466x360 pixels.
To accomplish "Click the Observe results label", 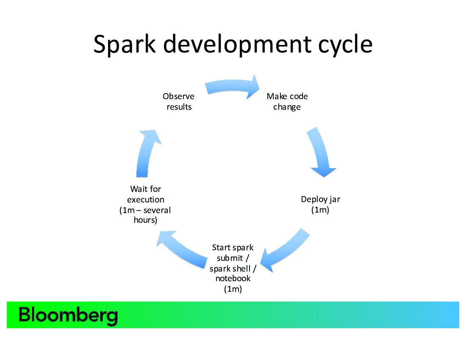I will pos(179,102).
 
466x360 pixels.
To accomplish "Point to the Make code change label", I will pos(287,102).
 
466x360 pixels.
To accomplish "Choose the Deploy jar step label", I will pos(320,199).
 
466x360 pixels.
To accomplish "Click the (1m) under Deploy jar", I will pos(320,210).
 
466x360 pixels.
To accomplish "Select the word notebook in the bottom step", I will pos(233,279).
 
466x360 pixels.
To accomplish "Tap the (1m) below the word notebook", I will pos(233,289).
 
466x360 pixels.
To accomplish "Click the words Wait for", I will pos(145,189).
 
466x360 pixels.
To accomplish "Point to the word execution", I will pos(145,199).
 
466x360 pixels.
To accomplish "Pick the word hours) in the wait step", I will pos(145,220).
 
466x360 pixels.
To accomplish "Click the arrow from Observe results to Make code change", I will pos(233,86).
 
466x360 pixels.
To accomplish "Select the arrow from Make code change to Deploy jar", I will pos(321,154).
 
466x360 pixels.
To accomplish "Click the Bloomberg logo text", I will pos(68,316).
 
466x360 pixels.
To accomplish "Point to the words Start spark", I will pos(233,248).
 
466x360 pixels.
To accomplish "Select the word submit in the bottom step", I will pos(230,258).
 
